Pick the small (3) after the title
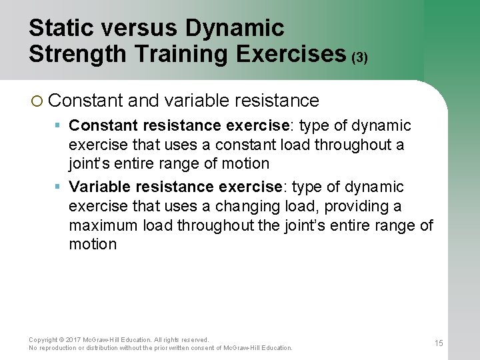360,57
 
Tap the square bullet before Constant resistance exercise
59,125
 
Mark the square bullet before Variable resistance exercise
59,187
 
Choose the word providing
355,206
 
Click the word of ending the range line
426,225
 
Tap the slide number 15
439,343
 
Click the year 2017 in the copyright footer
73,339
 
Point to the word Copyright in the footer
43,339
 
